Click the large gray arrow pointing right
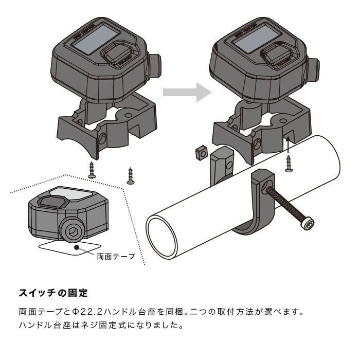click(187, 93)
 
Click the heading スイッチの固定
click(53, 293)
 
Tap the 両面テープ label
click(116, 256)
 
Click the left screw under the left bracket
click(93, 170)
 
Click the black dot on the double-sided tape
click(77, 248)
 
